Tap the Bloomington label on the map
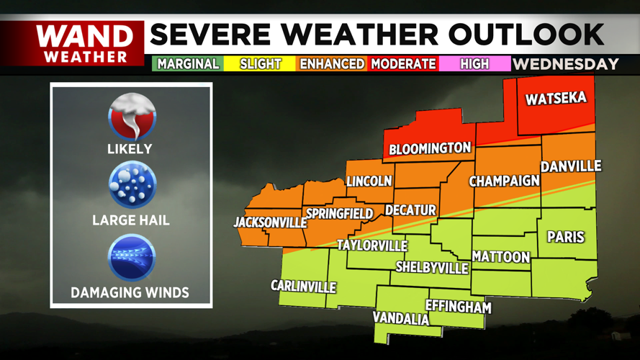pos(430,149)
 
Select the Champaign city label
pos(505,181)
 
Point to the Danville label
pos(571,166)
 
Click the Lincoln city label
pos(369,181)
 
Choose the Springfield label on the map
pos(340,214)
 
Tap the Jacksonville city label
pos(270,222)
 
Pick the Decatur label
pos(410,210)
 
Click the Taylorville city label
pos(372,246)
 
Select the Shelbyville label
pos(433,268)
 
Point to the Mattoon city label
pos(501,257)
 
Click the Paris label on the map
pos(566,237)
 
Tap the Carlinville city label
pos(303,287)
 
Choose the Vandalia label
pos(401,318)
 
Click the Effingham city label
pos(458,307)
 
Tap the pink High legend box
pos(474,64)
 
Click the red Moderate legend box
pos(403,64)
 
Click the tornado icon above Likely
pos(131,117)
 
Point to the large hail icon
pos(131,186)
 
